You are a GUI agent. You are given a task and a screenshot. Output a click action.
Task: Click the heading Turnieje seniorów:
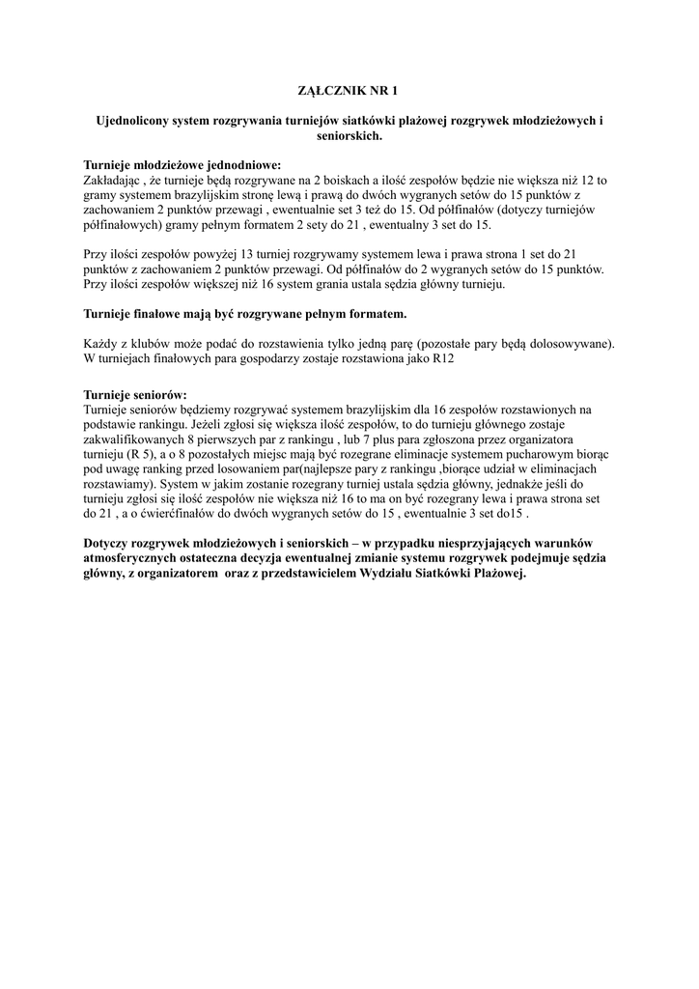pos(135,395)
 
